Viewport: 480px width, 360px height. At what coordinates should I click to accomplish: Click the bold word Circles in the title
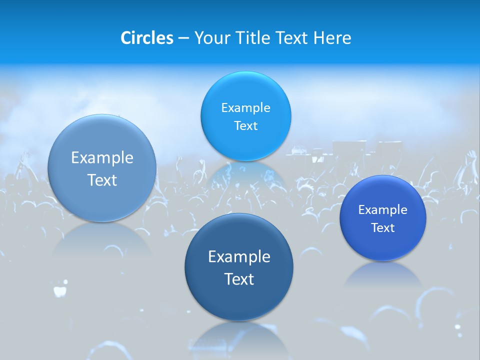click(x=146, y=38)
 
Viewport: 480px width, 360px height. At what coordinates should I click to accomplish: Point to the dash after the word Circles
click(x=183, y=38)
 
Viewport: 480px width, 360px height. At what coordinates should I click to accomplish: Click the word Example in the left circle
click(x=102, y=158)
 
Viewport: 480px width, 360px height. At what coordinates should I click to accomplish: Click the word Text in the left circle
click(x=102, y=180)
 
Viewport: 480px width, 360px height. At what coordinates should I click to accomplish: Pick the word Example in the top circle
click(x=245, y=108)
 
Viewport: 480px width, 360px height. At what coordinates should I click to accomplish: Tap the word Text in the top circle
click(x=245, y=126)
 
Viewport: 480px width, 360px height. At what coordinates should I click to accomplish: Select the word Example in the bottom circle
click(x=239, y=257)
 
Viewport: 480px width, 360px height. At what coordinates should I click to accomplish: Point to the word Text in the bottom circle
click(x=239, y=279)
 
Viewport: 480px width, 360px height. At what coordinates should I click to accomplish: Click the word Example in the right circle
click(x=382, y=210)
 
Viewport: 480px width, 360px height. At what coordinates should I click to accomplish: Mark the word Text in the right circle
click(x=382, y=228)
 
